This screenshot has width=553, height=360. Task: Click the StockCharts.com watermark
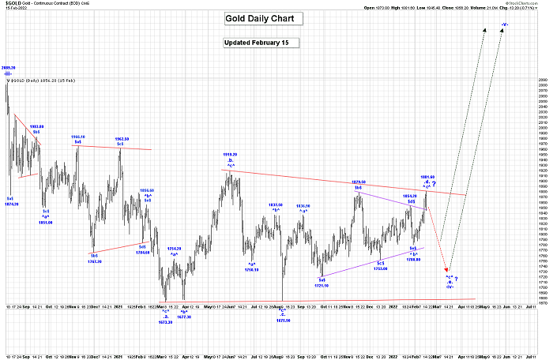(524, 3)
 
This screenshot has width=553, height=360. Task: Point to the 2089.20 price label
(9, 68)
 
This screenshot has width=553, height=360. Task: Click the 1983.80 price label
(36, 126)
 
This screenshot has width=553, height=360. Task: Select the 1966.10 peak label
(78, 137)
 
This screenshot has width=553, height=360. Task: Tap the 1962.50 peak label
(120, 138)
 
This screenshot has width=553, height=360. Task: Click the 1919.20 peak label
(231, 155)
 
